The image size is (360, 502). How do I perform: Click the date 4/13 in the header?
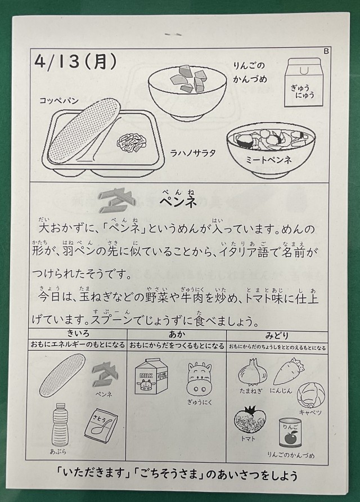57,61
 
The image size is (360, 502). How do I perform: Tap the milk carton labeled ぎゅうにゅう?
302,82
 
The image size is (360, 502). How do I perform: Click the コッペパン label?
59,101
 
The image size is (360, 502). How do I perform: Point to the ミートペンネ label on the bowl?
269,159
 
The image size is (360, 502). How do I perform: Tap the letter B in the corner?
326,51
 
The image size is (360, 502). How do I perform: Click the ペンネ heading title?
178,202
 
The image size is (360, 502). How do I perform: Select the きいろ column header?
78,333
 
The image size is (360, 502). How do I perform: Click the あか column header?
177,334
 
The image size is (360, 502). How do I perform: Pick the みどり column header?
277,335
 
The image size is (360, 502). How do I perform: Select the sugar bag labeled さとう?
101,425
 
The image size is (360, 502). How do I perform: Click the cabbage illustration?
311,395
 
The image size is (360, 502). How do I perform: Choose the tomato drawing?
250,420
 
